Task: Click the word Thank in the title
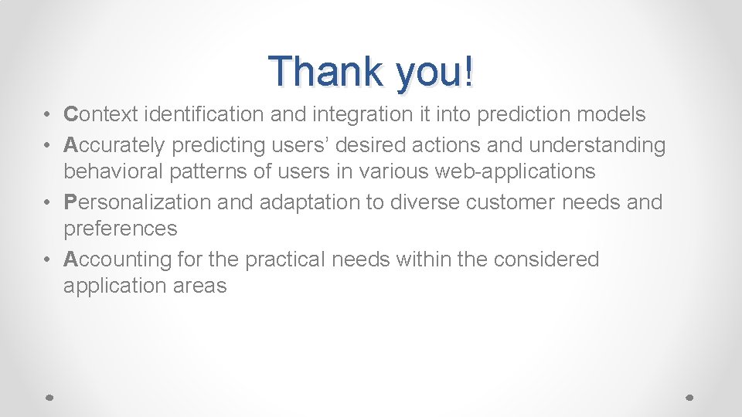pyautogui.click(x=325, y=72)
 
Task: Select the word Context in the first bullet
pyautogui.click(x=100, y=115)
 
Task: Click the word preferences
pyautogui.click(x=120, y=229)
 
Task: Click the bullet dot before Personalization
pyautogui.click(x=47, y=203)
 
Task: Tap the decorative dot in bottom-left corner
pyautogui.click(x=49, y=396)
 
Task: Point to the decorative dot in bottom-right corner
pyautogui.click(x=690, y=396)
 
